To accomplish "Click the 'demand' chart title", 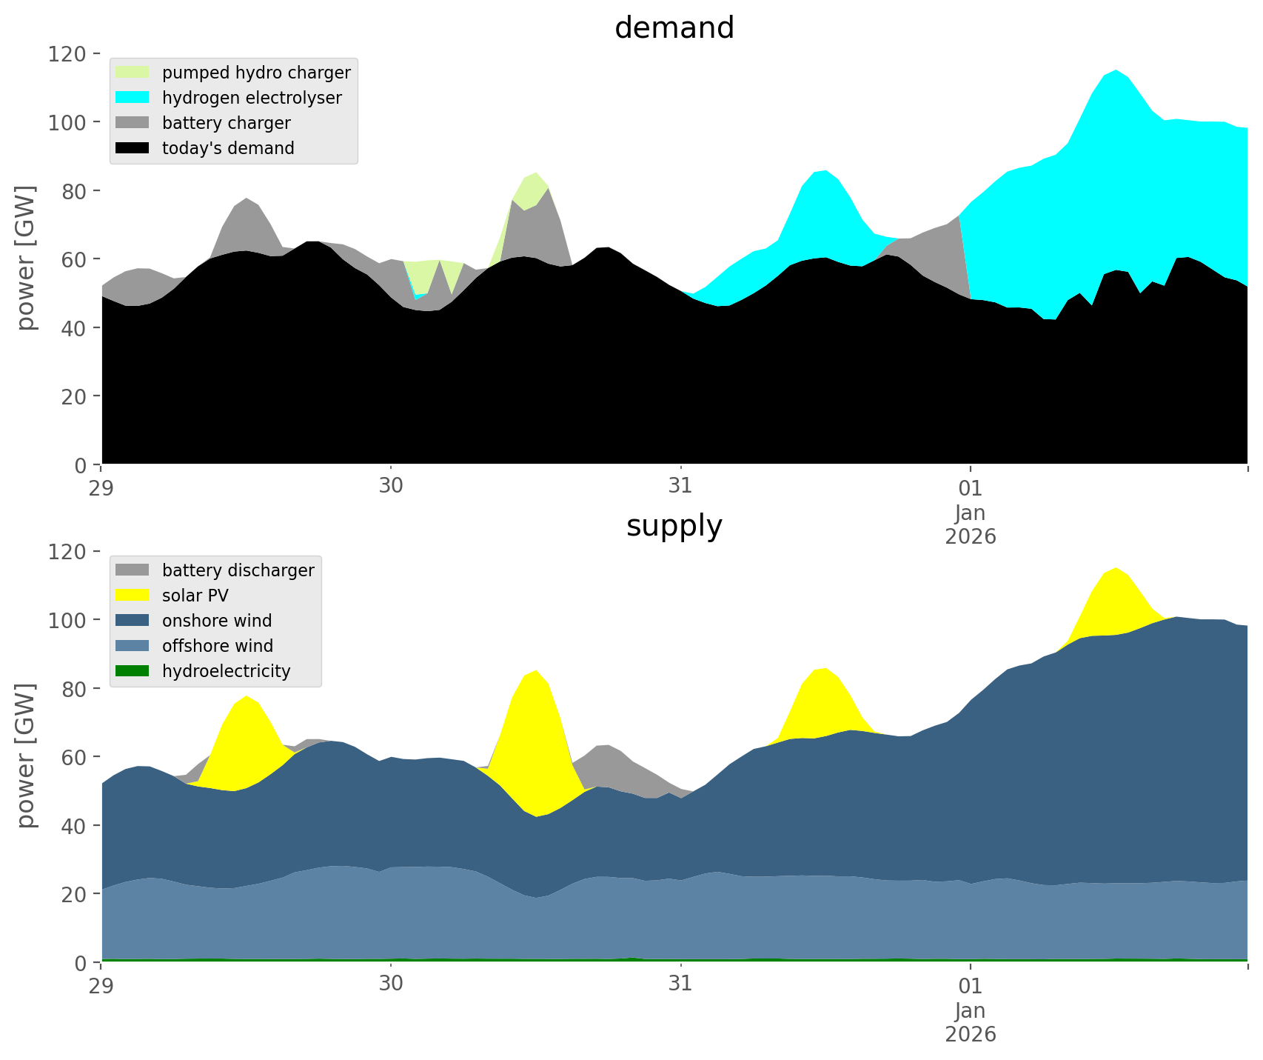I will click(x=674, y=28).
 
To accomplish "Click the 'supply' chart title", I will click(x=674, y=526).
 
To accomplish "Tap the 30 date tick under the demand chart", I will click(x=391, y=487).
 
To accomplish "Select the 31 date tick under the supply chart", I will click(x=680, y=985).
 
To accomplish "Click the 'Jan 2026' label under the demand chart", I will click(x=970, y=524).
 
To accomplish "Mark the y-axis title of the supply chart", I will click(x=27, y=756).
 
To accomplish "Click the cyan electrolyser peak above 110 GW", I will click(x=1116, y=81).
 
